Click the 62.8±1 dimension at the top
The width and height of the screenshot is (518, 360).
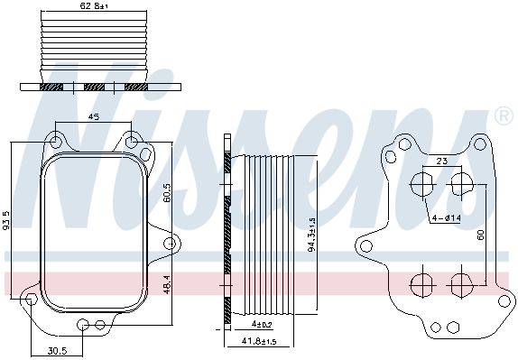click(94, 5)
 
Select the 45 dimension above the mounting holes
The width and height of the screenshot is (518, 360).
click(94, 116)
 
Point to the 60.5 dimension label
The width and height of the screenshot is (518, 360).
click(166, 192)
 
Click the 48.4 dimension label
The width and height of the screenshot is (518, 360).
click(166, 284)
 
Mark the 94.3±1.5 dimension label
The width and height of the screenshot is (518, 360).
click(311, 235)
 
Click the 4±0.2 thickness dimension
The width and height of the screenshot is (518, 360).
click(262, 325)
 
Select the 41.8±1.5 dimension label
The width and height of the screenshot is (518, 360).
click(259, 341)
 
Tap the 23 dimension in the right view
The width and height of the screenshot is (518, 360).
click(441, 161)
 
